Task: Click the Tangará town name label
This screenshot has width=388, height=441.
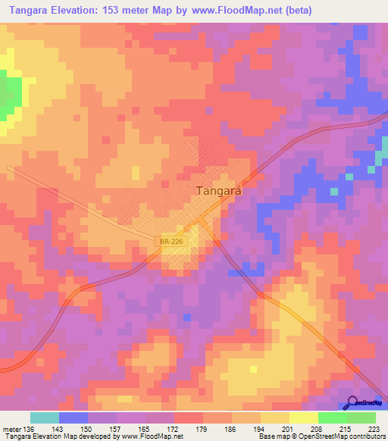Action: [x=219, y=192]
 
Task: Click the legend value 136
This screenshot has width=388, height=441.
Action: [x=29, y=428]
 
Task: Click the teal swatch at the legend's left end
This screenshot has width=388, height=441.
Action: [x=45, y=418]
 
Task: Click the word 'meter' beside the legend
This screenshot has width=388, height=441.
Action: [x=11, y=428]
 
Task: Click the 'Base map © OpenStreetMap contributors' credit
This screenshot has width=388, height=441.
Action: [x=321, y=436]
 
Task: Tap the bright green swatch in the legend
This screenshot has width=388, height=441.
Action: [x=332, y=418]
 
